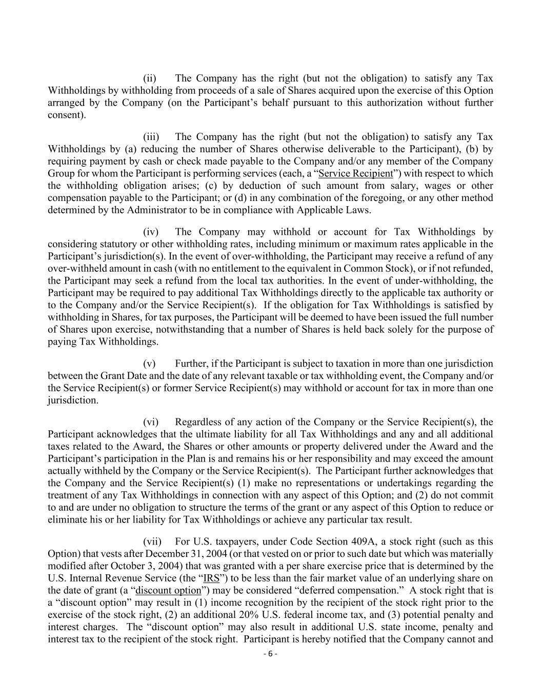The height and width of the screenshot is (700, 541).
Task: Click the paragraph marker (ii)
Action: (x=149, y=78)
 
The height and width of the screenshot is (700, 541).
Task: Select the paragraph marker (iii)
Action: (x=151, y=137)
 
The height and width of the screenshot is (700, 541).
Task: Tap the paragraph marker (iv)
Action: (x=151, y=232)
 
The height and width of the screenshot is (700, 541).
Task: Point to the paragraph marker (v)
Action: (x=149, y=364)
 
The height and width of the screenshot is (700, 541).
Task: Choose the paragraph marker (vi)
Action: (x=151, y=422)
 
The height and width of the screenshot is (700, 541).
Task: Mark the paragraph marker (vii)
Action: (x=152, y=542)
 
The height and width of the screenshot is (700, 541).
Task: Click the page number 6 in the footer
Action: (x=270, y=654)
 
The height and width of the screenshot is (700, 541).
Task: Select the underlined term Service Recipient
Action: (x=355, y=174)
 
